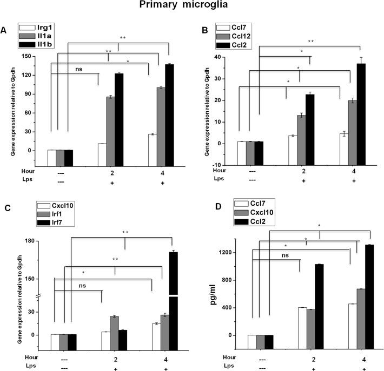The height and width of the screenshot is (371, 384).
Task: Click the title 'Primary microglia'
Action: point(191,8)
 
